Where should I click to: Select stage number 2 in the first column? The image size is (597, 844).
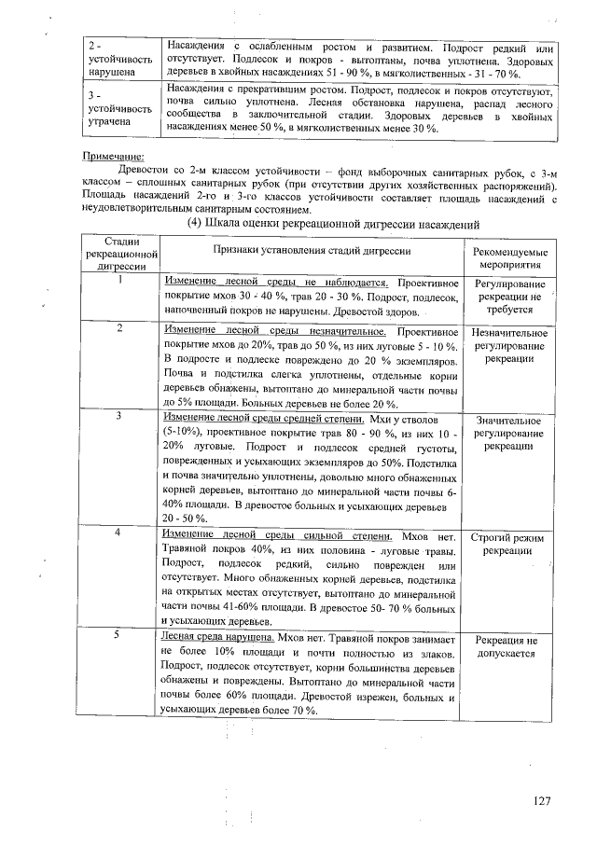[x=121, y=329]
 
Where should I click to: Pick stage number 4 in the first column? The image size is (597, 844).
[x=121, y=533]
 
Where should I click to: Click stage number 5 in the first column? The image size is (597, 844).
[x=121, y=634]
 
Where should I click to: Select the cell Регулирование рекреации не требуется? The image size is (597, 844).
[x=509, y=296]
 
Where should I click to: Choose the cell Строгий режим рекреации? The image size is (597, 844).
[x=509, y=545]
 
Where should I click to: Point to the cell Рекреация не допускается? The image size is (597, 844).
[x=509, y=647]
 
